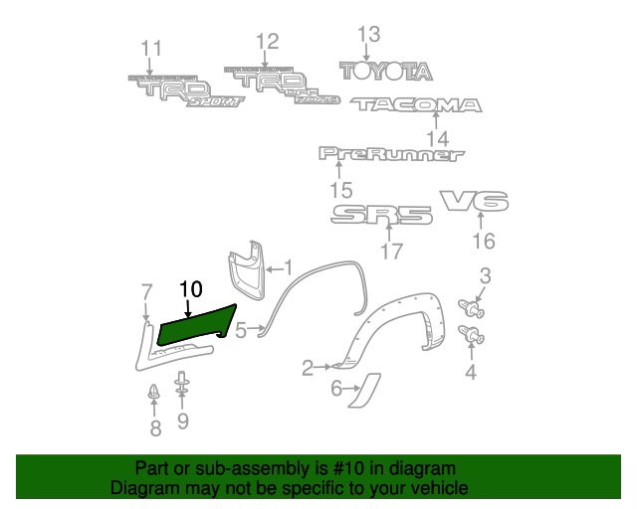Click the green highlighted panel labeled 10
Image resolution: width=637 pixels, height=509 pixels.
pos(195,324)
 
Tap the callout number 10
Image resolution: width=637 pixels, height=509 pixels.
pos(190,289)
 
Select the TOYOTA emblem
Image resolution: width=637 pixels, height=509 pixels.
pos(386,71)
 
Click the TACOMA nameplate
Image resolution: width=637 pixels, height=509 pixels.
pos(416,104)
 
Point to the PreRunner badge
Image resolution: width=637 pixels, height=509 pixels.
pos(391,154)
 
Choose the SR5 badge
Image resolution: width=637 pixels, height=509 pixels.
pos(381,215)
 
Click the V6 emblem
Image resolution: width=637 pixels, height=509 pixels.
pos(475,202)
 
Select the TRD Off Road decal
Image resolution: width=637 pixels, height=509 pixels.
pos(283,86)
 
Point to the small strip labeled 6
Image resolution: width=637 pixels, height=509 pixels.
pos(364,391)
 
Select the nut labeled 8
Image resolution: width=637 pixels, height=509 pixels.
pos(154,394)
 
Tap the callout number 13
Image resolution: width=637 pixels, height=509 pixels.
pos(368,35)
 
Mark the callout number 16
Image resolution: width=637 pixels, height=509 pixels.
pos(483,242)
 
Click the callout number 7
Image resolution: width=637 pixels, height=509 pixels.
pos(147,291)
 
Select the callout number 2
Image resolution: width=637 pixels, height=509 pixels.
pos(309,368)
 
